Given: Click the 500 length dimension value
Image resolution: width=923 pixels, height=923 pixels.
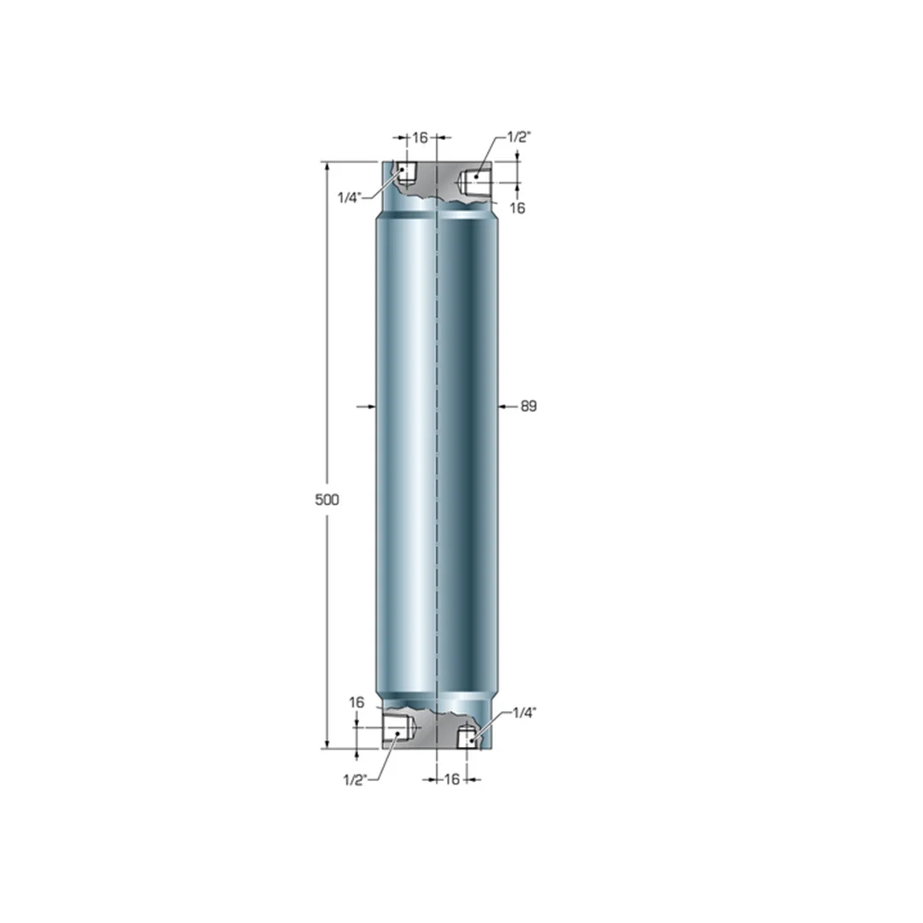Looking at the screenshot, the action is (x=326, y=500).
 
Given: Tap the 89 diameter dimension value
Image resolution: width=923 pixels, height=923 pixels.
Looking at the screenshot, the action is (x=529, y=406).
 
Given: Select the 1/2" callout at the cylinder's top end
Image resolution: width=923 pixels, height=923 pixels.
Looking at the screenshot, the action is (x=520, y=137).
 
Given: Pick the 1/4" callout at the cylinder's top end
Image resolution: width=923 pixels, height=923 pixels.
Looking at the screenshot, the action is (x=349, y=197).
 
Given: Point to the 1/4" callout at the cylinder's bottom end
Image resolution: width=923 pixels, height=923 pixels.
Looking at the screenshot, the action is (x=525, y=714).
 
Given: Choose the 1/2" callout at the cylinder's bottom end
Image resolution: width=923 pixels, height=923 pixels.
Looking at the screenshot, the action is (x=355, y=780).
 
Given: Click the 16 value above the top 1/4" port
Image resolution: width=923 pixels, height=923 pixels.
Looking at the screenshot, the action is (x=420, y=138).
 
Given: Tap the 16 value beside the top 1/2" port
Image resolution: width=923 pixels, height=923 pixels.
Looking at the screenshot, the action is (x=517, y=208).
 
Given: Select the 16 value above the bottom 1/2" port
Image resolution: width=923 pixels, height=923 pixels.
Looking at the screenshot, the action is (x=356, y=703).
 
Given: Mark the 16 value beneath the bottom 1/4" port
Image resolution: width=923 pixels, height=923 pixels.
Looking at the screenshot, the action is (x=451, y=779).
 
